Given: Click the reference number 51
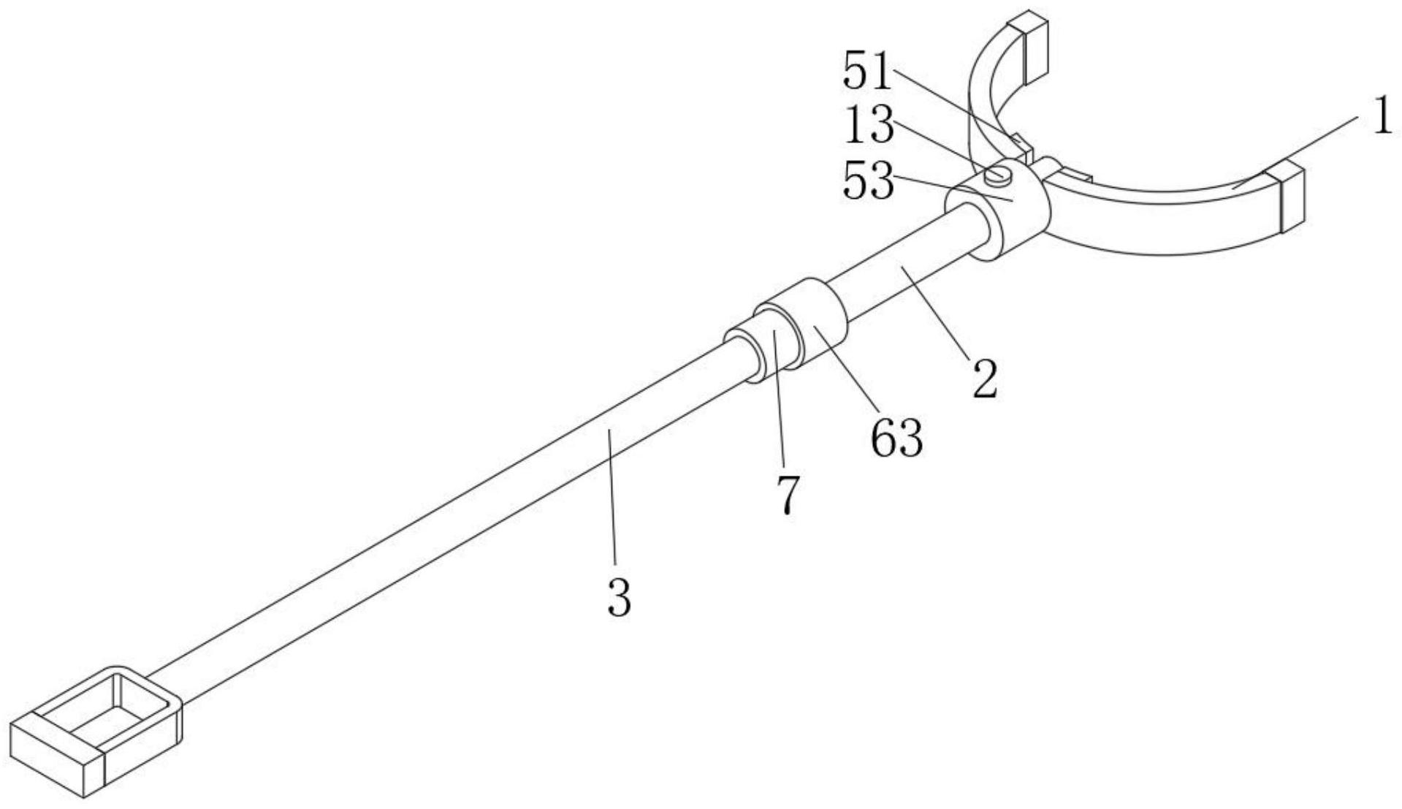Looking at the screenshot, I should pyautogui.click(x=869, y=72).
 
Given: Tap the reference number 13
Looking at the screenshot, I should pyautogui.click(x=869, y=126).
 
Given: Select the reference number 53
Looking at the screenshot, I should pyautogui.click(x=869, y=181).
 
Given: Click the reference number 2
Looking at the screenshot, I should pyautogui.click(x=985, y=378).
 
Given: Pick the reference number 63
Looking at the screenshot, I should pyautogui.click(x=896, y=438).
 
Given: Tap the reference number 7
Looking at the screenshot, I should pyautogui.click(x=788, y=495).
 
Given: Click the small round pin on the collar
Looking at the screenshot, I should pyautogui.click(x=997, y=174).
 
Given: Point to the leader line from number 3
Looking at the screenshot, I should pyautogui.click(x=612, y=504).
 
